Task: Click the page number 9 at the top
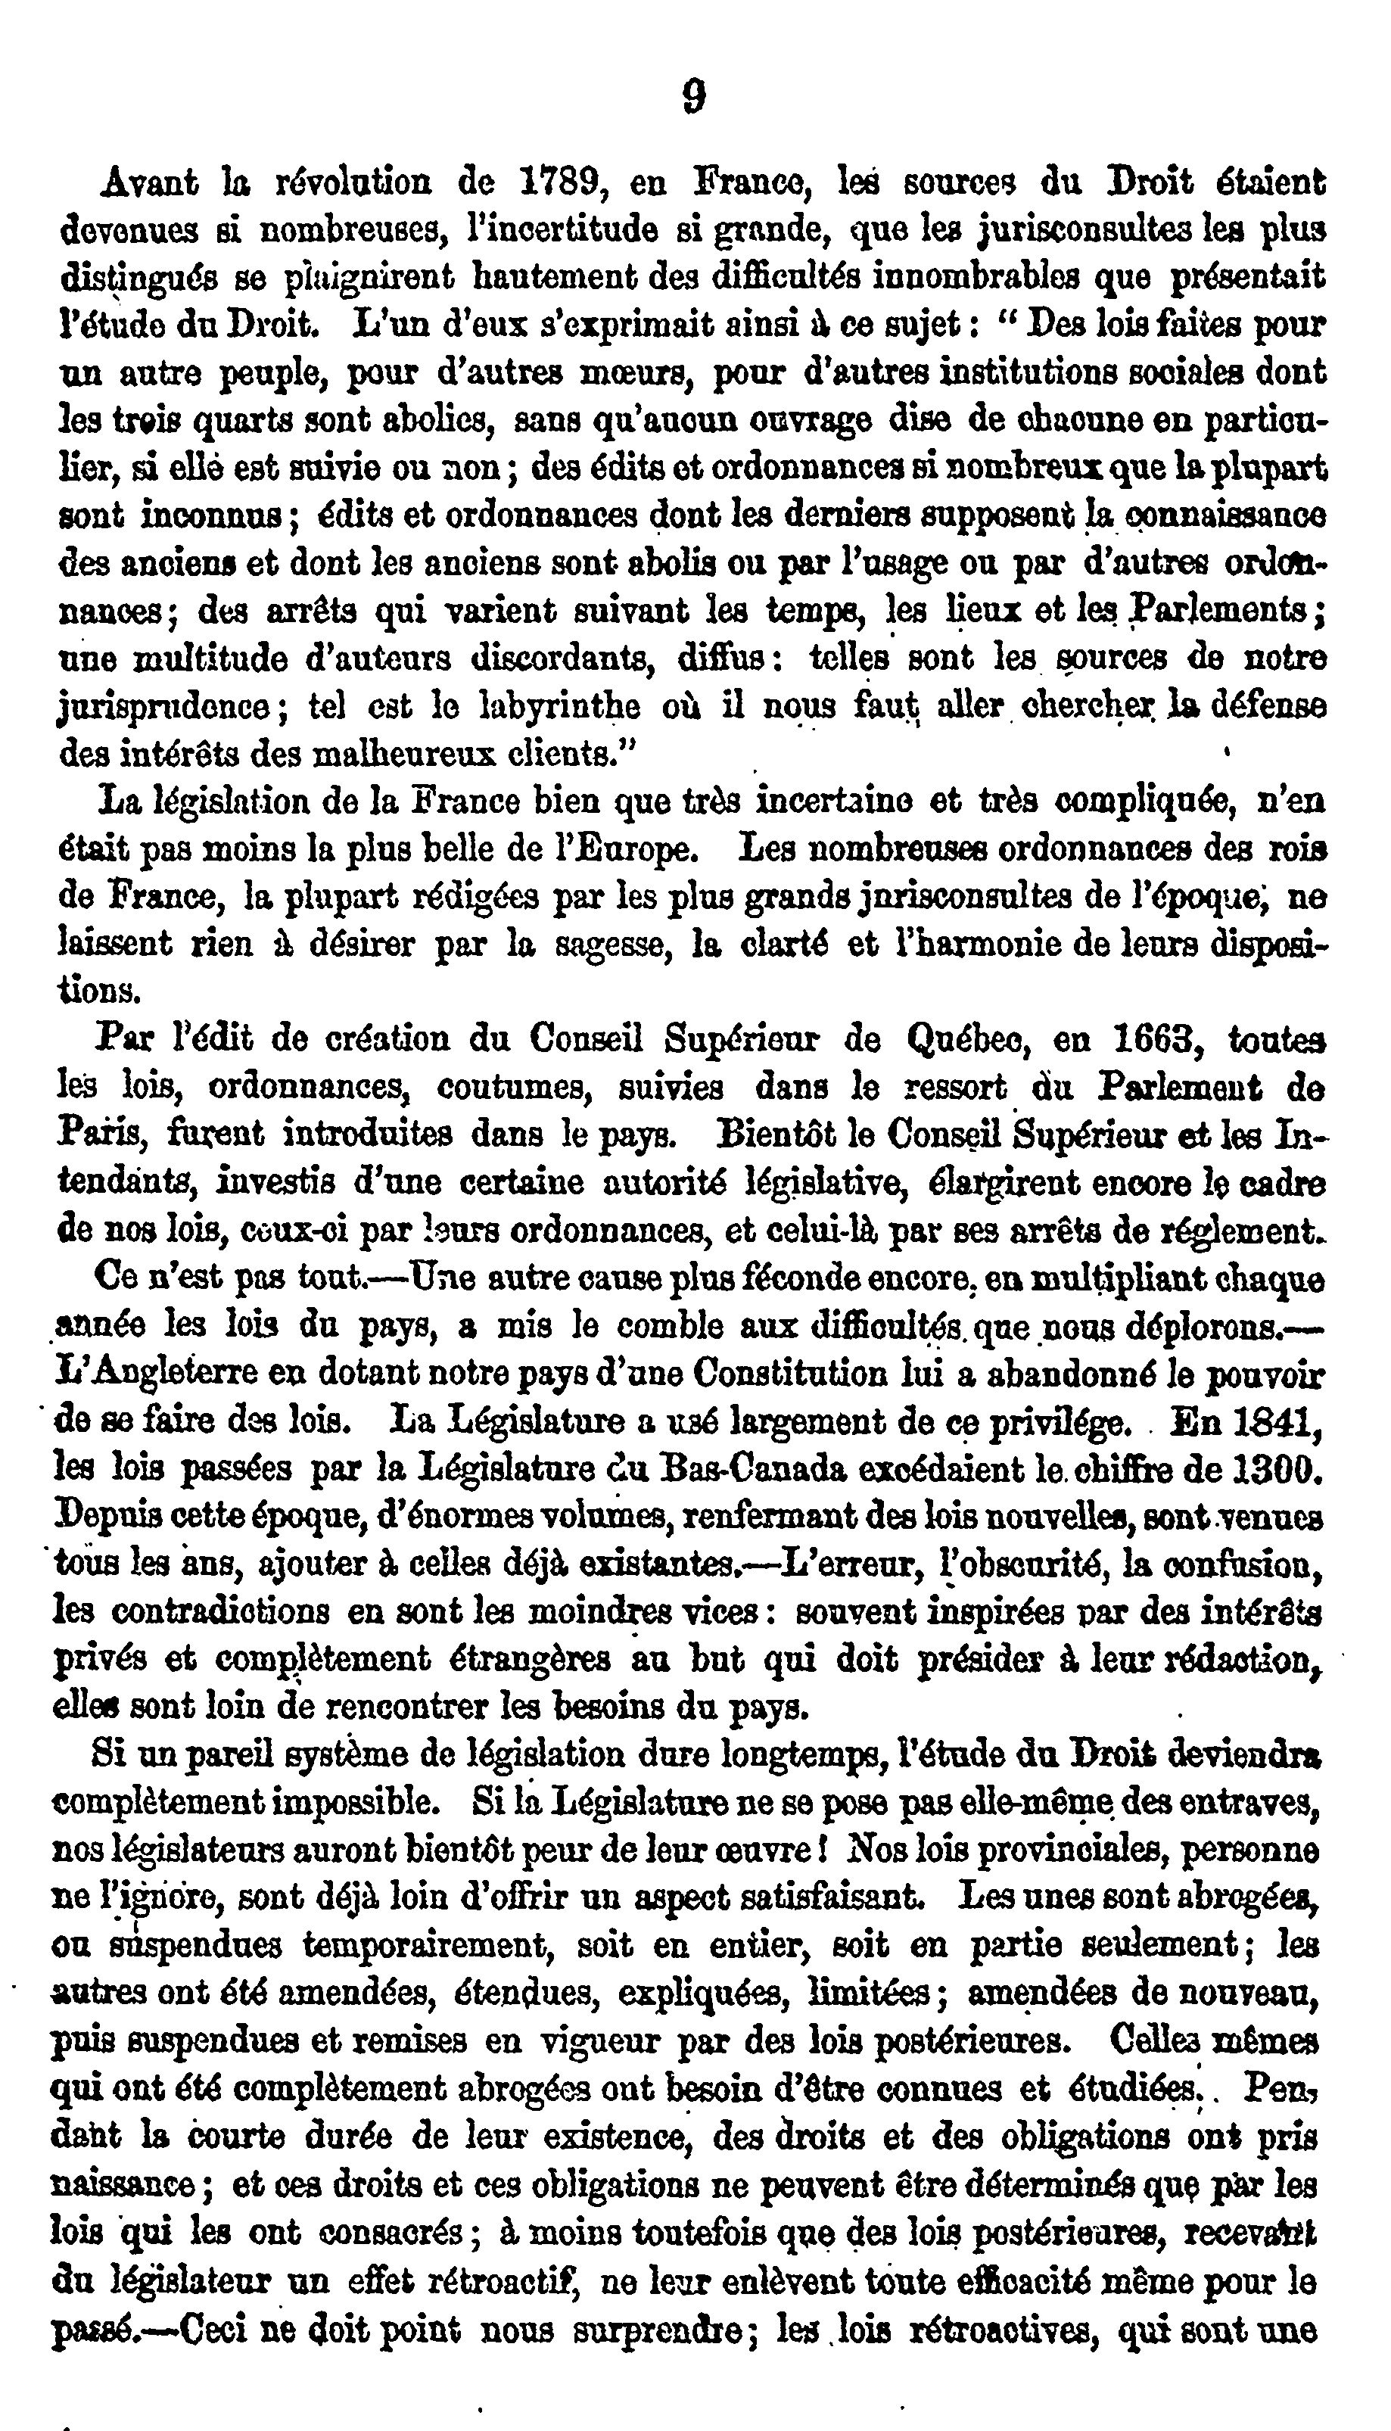[x=695, y=95]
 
